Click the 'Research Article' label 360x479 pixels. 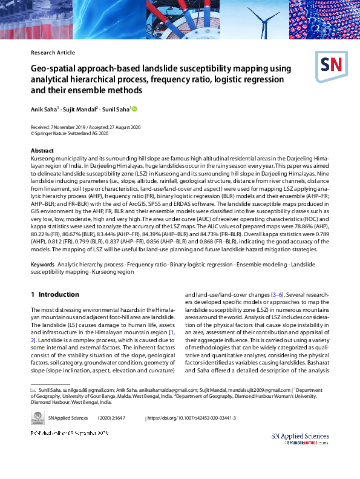[53, 53]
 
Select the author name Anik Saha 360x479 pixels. [44, 109]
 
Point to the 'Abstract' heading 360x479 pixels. [42, 150]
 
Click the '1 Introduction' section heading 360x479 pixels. [54, 294]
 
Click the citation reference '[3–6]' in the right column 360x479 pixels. [278, 294]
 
